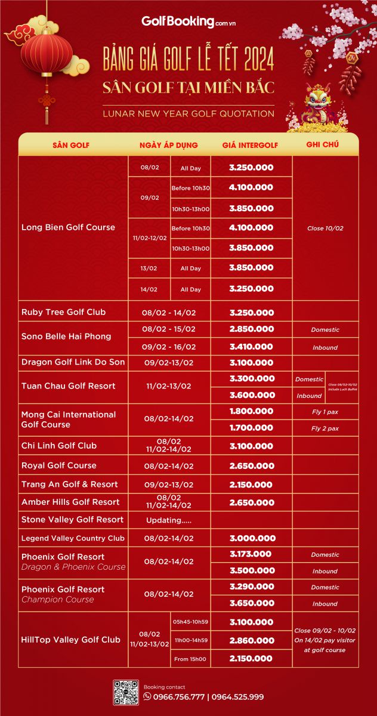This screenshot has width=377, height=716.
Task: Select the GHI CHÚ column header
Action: pyautogui.click(x=322, y=144)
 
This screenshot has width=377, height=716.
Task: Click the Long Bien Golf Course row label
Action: pyautogui.click(x=68, y=227)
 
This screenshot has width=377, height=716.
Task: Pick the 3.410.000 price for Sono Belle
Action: pyautogui.click(x=251, y=347)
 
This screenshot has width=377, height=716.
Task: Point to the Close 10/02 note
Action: pyautogui.click(x=325, y=229)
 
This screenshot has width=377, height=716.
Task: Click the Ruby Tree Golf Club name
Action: pyautogui.click(x=63, y=312)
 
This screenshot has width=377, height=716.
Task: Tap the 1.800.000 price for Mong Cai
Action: pyautogui.click(x=251, y=411)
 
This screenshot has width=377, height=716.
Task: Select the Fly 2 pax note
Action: pyautogui.click(x=325, y=428)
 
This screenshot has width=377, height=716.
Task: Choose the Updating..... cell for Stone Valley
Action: pyautogui.click(x=168, y=520)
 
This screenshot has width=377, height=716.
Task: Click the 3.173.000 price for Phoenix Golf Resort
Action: pyautogui.click(x=251, y=554)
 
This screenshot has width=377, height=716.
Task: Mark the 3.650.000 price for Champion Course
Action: pyautogui.click(x=251, y=603)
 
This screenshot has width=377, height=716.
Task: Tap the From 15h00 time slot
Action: pyautogui.click(x=190, y=659)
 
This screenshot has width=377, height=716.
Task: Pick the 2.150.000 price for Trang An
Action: pyautogui.click(x=251, y=484)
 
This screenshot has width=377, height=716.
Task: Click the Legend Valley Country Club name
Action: pyautogui.click(x=73, y=538)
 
